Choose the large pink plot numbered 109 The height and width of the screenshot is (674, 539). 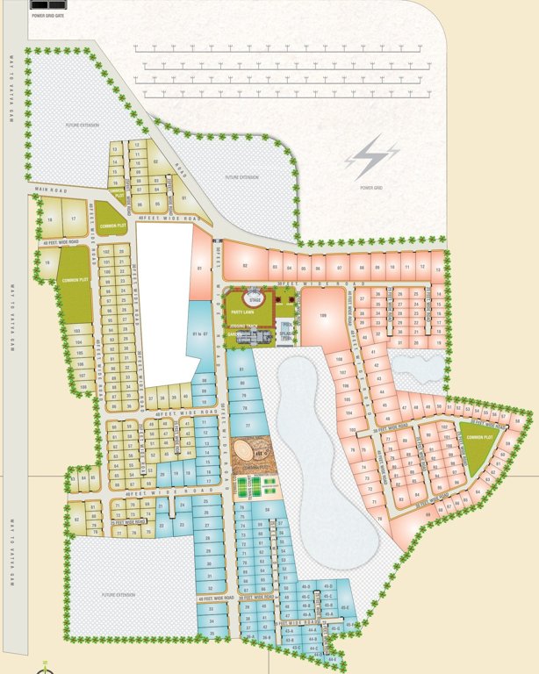(322, 315)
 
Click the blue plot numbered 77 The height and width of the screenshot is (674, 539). (248, 426)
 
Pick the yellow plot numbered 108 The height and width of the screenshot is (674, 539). (83, 384)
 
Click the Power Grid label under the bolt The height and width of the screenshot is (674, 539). (371, 187)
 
